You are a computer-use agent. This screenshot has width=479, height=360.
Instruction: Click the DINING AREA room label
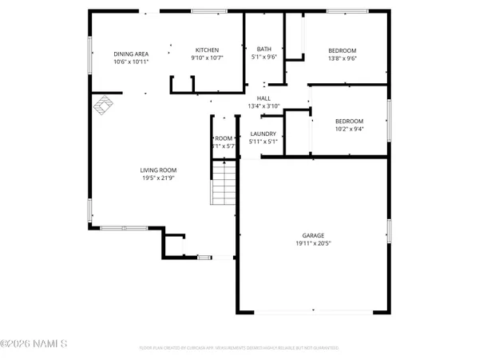coord(131,53)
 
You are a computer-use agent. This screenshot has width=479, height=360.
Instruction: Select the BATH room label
coord(263,50)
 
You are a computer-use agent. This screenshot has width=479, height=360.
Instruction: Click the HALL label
coord(263,98)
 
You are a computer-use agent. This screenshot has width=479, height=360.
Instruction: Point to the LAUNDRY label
coord(263,134)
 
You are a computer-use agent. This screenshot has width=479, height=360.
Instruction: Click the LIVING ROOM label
coord(158,170)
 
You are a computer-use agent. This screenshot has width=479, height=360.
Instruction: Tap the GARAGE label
coord(312,235)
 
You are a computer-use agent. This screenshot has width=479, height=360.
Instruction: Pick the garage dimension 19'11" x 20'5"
coord(312,243)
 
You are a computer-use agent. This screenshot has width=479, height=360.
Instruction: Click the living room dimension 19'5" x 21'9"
coord(158,178)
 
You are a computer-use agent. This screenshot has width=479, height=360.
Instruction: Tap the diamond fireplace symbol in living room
coord(102,105)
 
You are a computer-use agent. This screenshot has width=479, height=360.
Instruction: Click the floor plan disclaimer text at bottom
coord(239,348)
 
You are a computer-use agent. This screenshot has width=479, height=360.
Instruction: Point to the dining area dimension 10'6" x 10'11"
coord(131,61)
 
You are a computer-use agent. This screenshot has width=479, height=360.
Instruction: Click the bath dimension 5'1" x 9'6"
coord(263,58)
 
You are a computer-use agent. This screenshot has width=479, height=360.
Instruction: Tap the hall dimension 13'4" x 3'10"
coord(263,106)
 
